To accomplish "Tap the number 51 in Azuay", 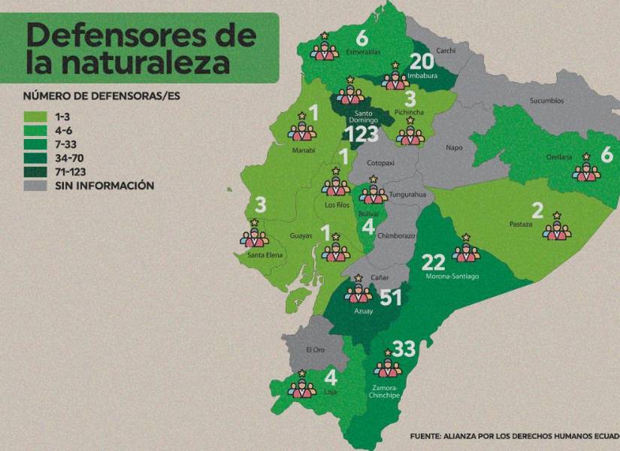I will (391, 298).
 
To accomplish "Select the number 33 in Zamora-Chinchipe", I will (404, 349).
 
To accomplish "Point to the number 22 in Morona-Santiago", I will (434, 262).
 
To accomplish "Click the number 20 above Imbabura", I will (422, 62).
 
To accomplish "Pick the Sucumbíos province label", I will (546, 101).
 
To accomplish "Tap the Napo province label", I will (453, 148).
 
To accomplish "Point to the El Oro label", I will (315, 350).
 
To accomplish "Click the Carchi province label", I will (446, 50).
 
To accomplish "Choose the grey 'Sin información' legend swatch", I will (36, 185).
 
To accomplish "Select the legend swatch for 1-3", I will (36, 117).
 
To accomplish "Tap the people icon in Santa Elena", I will (255, 235).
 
